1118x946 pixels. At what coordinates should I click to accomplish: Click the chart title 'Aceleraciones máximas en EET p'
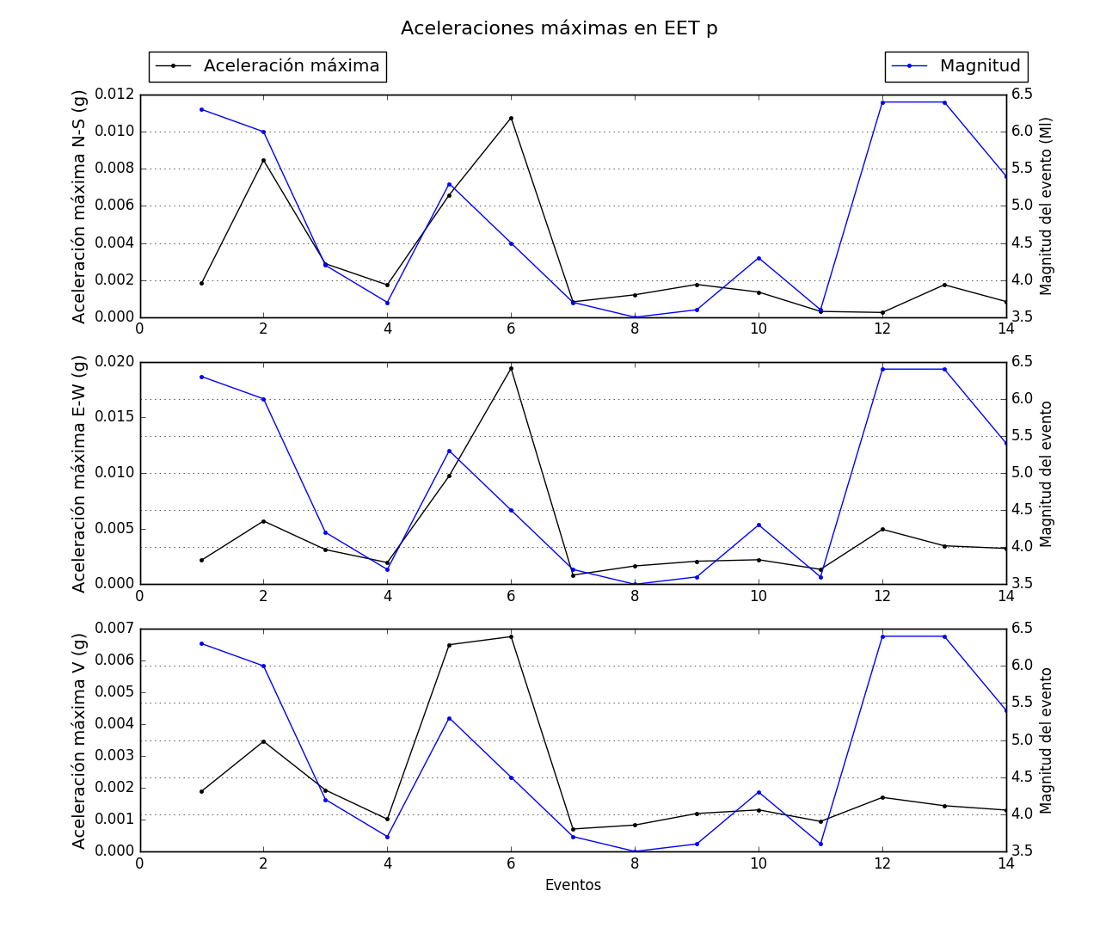[559, 28]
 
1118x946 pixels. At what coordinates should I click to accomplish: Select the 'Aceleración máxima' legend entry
[291, 66]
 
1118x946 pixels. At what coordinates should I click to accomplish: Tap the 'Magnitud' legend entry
[980, 66]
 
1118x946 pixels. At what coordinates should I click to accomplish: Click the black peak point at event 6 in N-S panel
[511, 118]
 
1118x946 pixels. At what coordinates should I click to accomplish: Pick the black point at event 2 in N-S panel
[263, 160]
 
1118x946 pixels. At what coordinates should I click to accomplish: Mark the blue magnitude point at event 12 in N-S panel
[882, 102]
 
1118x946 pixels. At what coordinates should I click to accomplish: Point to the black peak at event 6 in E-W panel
[511, 368]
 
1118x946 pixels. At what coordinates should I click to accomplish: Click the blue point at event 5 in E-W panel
[449, 451]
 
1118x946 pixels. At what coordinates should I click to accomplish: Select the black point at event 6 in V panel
[511, 636]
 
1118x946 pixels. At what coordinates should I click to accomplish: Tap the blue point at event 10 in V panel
[759, 792]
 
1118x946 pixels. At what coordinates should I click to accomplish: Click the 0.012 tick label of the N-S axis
[115, 95]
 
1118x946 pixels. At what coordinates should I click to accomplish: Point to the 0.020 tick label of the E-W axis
[115, 362]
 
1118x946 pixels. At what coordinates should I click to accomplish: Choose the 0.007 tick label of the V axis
[115, 629]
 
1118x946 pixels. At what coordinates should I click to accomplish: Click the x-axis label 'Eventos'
[573, 885]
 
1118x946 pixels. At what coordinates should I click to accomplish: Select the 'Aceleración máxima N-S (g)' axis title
[79, 206]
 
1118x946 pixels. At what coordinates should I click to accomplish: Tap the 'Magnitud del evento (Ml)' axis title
[1047, 206]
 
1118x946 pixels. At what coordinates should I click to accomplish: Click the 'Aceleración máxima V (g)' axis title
[79, 740]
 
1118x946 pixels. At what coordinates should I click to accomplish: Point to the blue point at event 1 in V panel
[201, 643]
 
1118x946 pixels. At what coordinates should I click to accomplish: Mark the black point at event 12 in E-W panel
[882, 529]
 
